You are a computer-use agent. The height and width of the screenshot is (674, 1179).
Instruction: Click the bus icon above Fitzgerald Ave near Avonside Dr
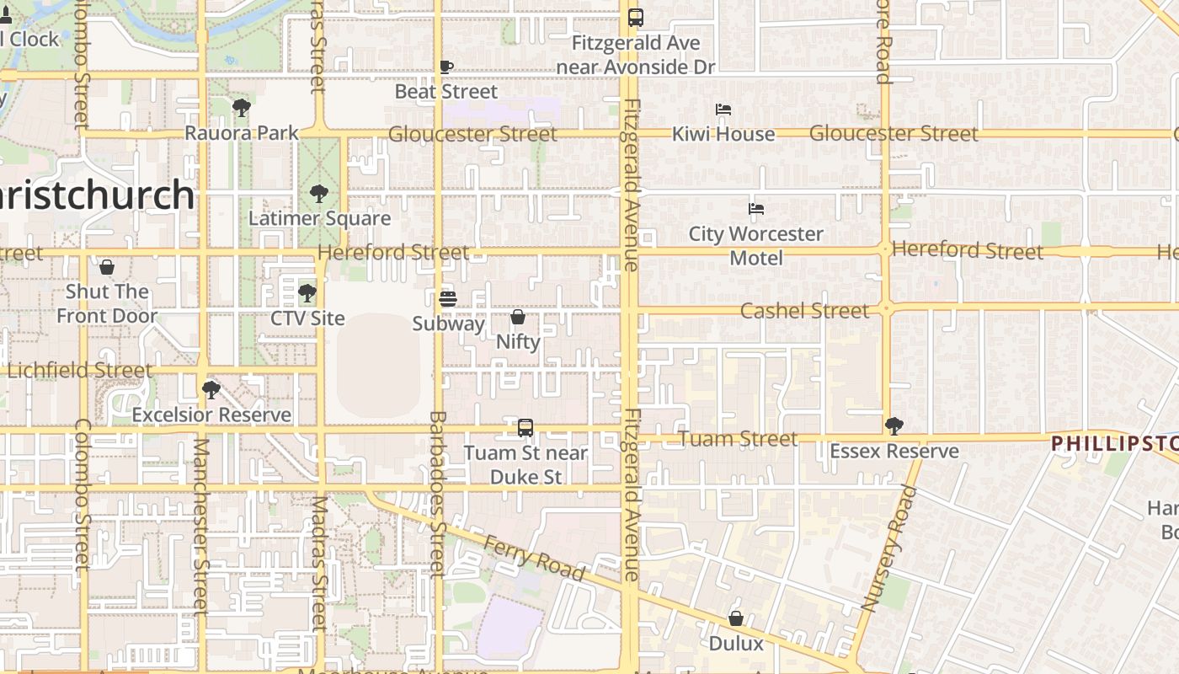click(x=636, y=17)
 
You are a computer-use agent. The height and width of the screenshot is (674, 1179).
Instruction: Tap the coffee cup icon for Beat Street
click(x=446, y=67)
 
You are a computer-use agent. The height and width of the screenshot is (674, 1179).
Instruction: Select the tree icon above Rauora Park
click(x=242, y=108)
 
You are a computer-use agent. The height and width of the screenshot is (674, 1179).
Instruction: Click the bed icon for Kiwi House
click(x=723, y=110)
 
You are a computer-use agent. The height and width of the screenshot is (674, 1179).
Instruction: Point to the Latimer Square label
click(x=319, y=218)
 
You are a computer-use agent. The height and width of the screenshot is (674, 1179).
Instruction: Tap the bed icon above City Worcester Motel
click(x=756, y=209)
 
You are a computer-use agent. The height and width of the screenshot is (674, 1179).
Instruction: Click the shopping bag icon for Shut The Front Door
click(x=107, y=267)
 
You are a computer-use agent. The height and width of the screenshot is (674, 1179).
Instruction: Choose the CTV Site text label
click(x=307, y=318)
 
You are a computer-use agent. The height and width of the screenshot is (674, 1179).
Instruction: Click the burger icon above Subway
click(x=448, y=299)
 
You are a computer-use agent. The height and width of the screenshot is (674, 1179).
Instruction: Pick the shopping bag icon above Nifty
click(x=518, y=317)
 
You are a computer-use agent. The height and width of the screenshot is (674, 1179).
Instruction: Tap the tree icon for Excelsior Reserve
click(x=211, y=390)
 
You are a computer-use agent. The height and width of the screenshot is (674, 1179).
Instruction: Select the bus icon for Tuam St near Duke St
click(x=525, y=428)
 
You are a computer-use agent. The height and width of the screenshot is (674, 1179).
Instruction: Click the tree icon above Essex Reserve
click(x=894, y=426)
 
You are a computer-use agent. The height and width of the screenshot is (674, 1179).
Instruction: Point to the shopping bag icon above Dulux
click(x=736, y=618)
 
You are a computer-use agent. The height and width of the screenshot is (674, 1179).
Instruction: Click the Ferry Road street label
click(x=534, y=557)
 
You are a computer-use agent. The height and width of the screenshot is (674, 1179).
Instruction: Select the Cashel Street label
click(x=804, y=311)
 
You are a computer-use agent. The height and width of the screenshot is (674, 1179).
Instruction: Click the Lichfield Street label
click(x=80, y=370)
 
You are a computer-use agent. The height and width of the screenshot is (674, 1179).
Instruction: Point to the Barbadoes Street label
click(x=437, y=493)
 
